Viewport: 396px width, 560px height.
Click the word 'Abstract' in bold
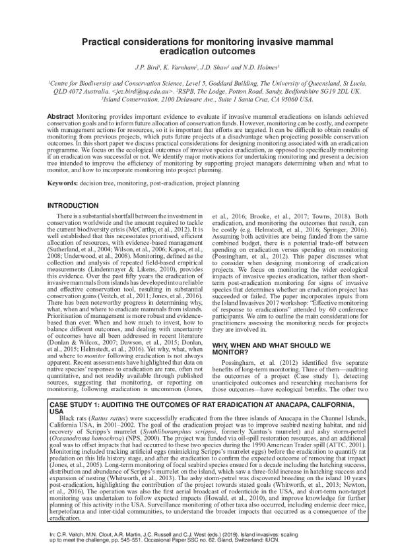pyautogui.click(x=60, y=116)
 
